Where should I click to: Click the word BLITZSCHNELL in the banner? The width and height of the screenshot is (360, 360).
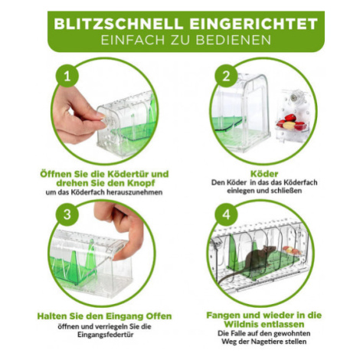pyautogui.click(x=119, y=24)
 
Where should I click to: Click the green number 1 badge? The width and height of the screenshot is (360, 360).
pyautogui.click(x=67, y=76)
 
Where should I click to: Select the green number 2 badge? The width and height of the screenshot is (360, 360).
pyautogui.click(x=226, y=76)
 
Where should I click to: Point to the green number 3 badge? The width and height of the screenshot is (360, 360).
pyautogui.click(x=67, y=214)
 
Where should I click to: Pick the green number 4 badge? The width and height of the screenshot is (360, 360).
pyautogui.click(x=226, y=214)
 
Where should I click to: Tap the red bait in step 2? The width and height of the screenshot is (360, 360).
pyautogui.click(x=290, y=118)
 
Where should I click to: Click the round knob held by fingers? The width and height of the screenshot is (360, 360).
pyautogui.click(x=106, y=121)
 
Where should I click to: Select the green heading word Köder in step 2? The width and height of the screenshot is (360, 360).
pyautogui.click(x=264, y=174)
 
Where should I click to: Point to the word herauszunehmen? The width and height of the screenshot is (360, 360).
pyautogui.click(x=137, y=192)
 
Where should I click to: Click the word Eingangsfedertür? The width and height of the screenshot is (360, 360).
pyautogui.click(x=106, y=335)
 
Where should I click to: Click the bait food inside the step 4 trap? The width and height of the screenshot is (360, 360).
pyautogui.click(x=292, y=250)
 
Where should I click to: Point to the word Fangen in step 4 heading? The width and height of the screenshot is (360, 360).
pyautogui.click(x=223, y=316)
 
